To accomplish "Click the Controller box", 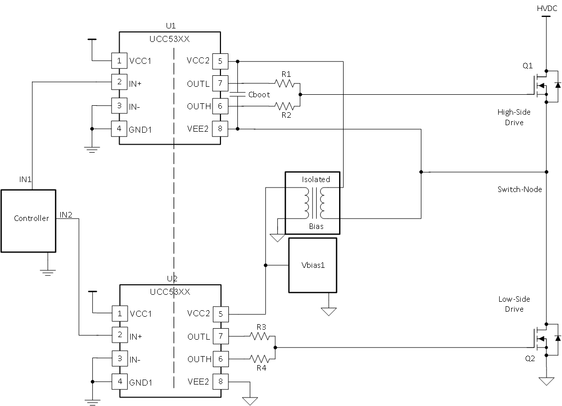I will (28, 220).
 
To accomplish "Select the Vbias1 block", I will (313, 265).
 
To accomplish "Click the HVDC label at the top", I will (547, 8).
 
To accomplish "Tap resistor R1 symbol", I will (286, 83).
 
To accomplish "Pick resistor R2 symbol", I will (286, 106).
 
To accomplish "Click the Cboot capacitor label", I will (260, 95).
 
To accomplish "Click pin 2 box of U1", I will (118, 83).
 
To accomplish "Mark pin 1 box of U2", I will (118, 314).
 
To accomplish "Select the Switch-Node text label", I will (519, 190).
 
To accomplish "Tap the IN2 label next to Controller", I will (66, 215).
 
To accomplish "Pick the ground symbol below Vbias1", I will (328, 311).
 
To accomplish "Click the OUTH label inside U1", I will (198, 106).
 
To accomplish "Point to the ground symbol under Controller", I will (47, 272).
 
